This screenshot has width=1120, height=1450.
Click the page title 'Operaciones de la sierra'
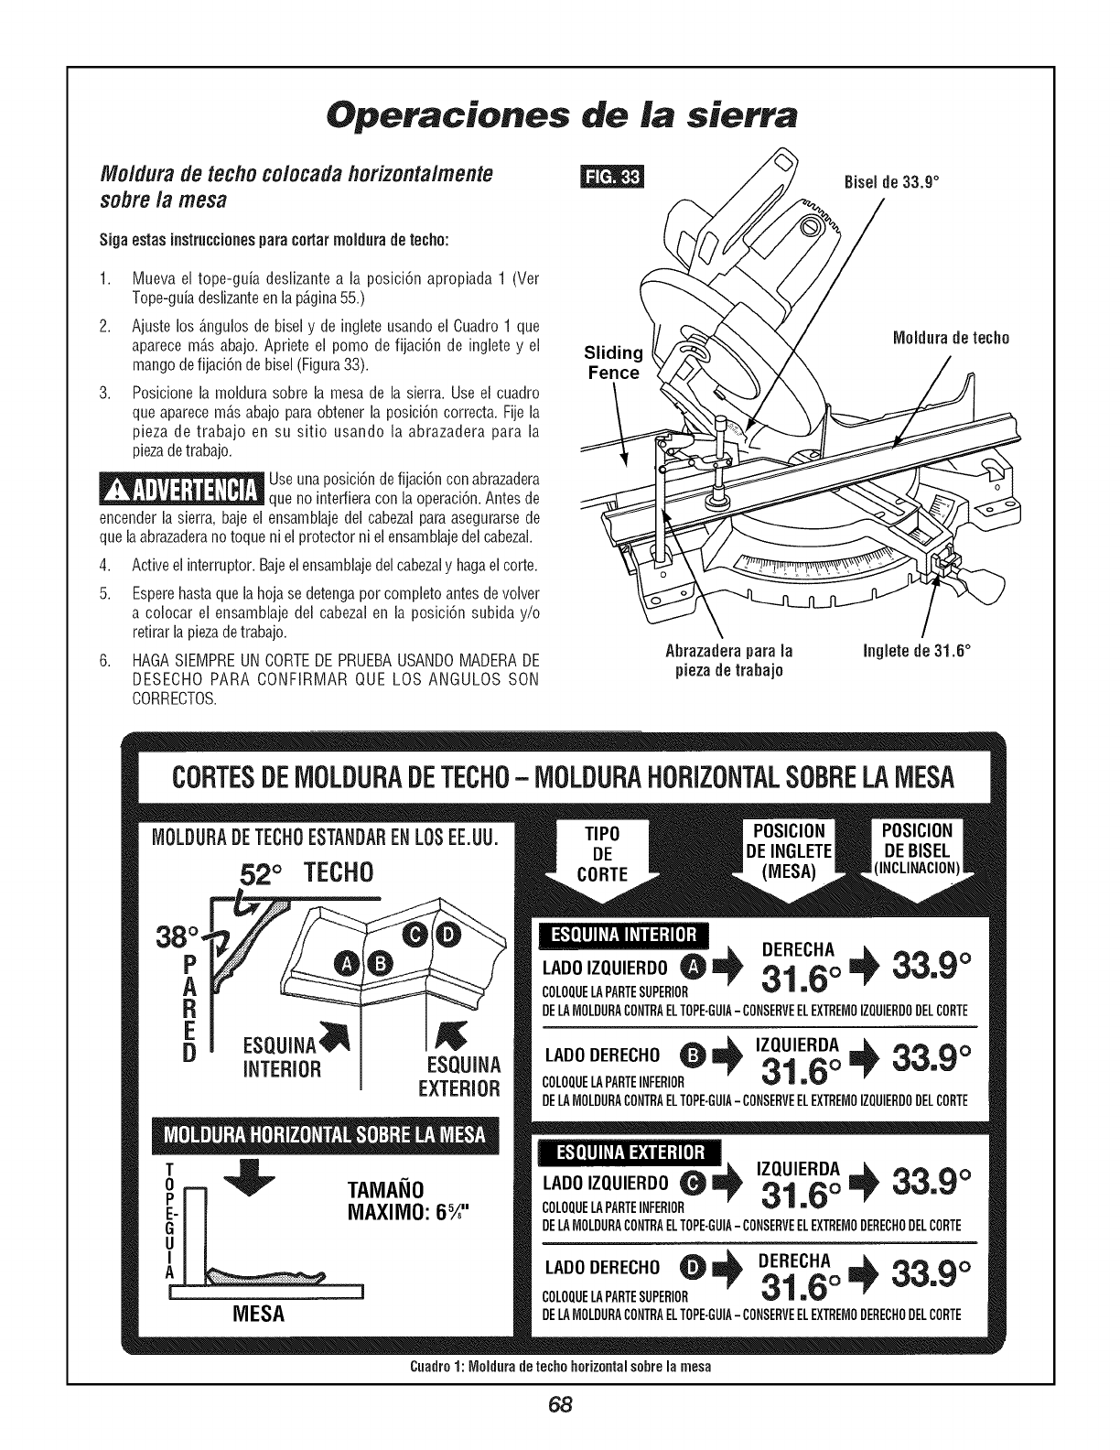[558, 114]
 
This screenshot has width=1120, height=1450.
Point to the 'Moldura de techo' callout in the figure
[950, 338]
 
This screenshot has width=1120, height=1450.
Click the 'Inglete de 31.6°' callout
[916, 652]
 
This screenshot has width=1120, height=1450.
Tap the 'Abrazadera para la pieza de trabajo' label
[728, 660]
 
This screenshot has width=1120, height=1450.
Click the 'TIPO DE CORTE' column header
[602, 853]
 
